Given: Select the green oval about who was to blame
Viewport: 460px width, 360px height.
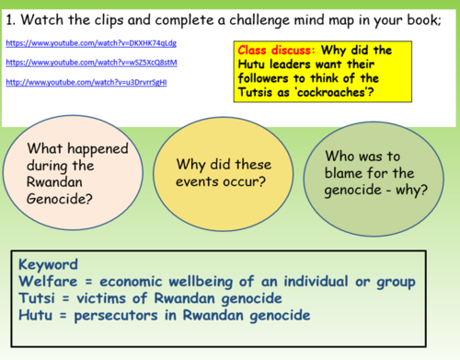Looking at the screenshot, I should pos(368,166).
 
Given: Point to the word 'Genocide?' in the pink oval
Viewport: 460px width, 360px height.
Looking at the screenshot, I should pos(65,199).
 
